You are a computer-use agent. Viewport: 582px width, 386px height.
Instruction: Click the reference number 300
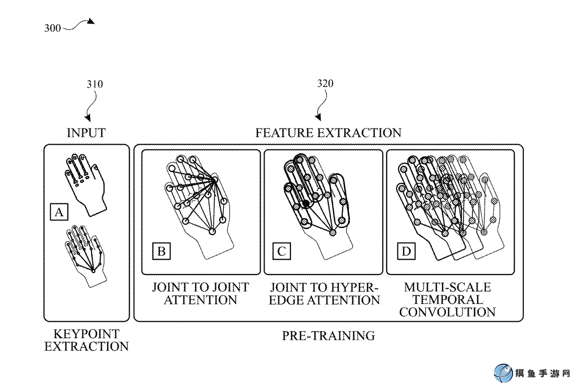coord(52,28)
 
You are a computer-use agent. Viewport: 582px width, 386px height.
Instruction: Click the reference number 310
coord(95,84)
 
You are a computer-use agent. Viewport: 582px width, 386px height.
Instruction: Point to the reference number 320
coord(325,84)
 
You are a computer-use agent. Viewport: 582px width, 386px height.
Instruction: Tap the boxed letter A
coord(59,212)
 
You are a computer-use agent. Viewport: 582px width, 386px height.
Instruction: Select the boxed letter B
coord(161,251)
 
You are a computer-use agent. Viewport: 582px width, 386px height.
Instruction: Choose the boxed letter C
coord(282,251)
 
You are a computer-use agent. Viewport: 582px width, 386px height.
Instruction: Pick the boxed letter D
coord(406,251)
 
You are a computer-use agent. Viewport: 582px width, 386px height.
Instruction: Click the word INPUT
coord(86,133)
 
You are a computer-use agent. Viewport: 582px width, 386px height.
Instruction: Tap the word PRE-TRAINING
coord(328,336)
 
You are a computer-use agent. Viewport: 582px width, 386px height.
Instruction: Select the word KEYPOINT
coord(87,334)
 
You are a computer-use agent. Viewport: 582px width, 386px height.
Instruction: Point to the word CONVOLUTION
coord(447,312)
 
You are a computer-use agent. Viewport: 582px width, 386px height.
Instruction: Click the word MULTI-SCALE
coord(447,287)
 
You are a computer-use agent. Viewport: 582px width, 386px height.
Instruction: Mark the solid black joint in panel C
coord(306,203)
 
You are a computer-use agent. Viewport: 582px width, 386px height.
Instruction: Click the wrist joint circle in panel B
coord(212,232)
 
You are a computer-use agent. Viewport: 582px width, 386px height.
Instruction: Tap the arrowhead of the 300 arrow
coord(91,21)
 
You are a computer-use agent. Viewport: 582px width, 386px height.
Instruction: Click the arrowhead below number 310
coord(88,118)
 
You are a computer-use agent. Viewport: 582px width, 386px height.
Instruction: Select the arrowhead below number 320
coord(318,117)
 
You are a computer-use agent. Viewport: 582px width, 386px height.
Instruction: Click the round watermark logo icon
coord(503,374)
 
